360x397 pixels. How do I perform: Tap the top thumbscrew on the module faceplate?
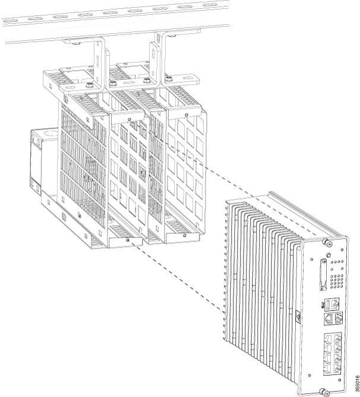coord(326,242)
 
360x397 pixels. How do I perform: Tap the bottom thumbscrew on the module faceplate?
coord(323,392)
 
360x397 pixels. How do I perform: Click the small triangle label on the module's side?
coord(296,316)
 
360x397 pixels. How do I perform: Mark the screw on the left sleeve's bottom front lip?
coord(128,240)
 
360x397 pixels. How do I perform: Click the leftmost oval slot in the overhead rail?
coord(10,20)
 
